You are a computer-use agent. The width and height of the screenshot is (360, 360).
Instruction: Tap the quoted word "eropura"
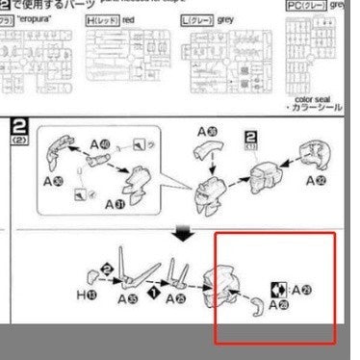[x=46, y=18]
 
